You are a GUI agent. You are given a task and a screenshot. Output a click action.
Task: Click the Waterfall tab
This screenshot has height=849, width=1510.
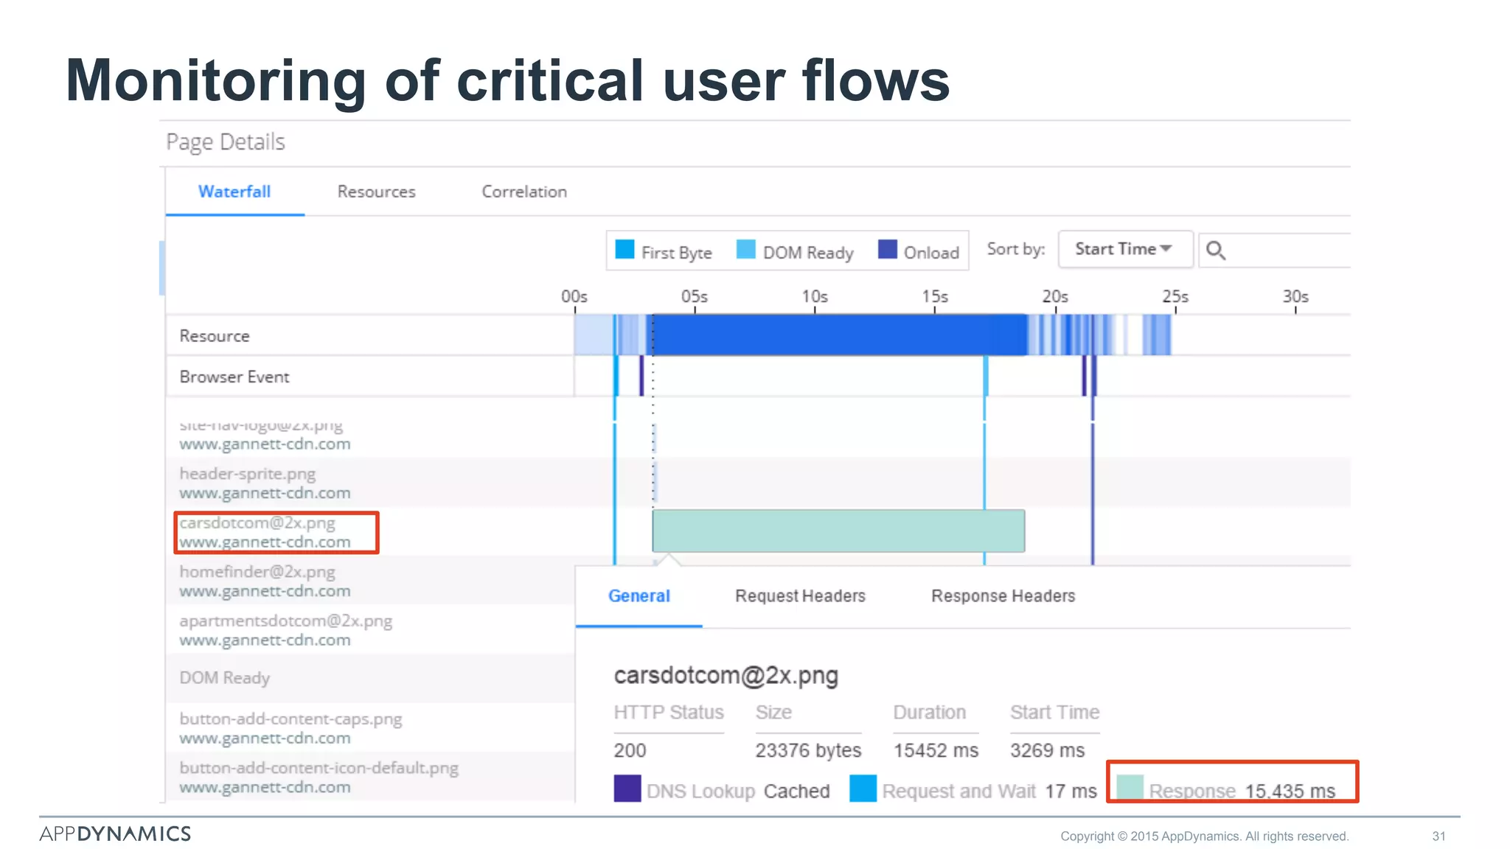(x=234, y=192)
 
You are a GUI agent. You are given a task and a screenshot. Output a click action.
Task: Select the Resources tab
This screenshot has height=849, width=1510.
(x=376, y=192)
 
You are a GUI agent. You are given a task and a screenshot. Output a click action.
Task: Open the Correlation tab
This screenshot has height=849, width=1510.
(x=524, y=192)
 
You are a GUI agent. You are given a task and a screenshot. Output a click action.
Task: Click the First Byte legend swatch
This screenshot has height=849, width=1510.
(x=624, y=250)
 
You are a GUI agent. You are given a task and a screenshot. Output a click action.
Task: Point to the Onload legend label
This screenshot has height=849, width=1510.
(x=931, y=253)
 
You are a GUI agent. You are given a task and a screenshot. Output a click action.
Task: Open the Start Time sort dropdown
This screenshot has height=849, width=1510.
(x=1124, y=249)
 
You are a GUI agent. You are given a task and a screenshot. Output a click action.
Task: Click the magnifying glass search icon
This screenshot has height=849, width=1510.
(x=1216, y=251)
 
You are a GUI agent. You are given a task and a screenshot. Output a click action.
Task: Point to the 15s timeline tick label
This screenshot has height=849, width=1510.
(x=935, y=296)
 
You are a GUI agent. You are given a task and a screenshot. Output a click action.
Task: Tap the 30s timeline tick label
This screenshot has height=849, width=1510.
(x=1295, y=296)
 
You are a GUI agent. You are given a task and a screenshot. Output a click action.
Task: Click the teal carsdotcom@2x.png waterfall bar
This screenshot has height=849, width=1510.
(x=838, y=531)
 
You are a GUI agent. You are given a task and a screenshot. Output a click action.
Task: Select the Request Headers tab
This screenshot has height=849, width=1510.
(x=800, y=595)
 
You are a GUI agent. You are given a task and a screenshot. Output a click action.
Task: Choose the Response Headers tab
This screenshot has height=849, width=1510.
(x=1003, y=595)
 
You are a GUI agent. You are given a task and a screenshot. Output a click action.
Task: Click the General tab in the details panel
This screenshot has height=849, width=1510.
(x=639, y=595)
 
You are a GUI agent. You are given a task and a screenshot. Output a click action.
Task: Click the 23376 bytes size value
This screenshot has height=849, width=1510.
(x=808, y=750)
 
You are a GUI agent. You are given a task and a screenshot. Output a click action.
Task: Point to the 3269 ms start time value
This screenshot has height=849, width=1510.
(x=1047, y=750)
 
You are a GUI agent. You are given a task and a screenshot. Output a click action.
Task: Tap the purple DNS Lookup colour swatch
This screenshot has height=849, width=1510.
(x=627, y=789)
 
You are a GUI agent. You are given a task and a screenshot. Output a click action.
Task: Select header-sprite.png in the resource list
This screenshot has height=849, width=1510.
(x=248, y=474)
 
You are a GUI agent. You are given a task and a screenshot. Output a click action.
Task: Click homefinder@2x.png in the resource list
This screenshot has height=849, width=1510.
(x=257, y=572)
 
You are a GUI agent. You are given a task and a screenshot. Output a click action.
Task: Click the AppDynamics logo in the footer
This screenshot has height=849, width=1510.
(x=115, y=834)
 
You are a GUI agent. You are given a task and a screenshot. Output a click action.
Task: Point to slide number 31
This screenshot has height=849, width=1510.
(x=1438, y=836)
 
